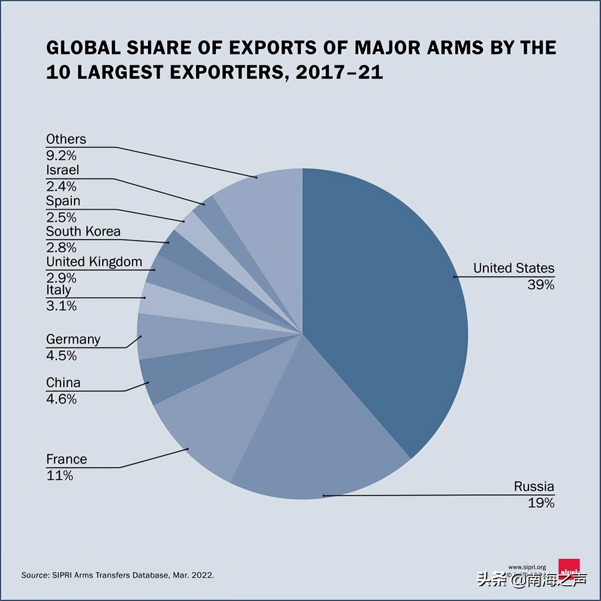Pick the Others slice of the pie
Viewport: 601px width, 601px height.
(x=265, y=212)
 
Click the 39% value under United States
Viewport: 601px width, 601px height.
(x=540, y=285)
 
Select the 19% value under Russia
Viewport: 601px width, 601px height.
(x=540, y=502)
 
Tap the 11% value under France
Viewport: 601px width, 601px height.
(x=60, y=475)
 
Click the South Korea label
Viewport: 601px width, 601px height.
(x=83, y=231)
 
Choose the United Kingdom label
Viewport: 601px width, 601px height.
(x=94, y=262)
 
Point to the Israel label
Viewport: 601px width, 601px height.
(x=62, y=170)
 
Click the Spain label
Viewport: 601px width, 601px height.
(x=63, y=201)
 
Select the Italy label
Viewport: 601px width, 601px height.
(x=58, y=290)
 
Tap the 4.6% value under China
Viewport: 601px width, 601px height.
(x=61, y=399)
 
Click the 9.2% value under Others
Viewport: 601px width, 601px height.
(x=61, y=156)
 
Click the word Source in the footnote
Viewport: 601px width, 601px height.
(x=35, y=575)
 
